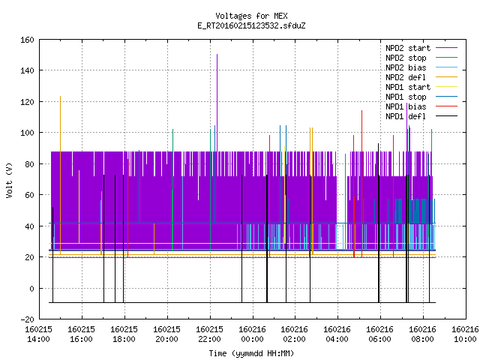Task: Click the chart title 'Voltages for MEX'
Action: [x=251, y=16]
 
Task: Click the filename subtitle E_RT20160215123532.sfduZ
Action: [x=251, y=25]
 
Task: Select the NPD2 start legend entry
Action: [x=421, y=48]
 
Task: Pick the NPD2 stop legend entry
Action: [x=421, y=58]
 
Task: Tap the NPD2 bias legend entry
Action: [x=421, y=67]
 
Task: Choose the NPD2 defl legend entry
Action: [x=421, y=77]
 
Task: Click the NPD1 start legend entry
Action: [x=421, y=87]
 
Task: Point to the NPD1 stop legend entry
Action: [x=421, y=97]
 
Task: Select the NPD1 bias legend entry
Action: [x=421, y=106]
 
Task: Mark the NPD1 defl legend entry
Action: [x=421, y=117]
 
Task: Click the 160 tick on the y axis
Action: [x=27, y=40]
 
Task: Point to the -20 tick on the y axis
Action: [x=27, y=319]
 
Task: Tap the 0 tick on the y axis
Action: [x=31, y=288]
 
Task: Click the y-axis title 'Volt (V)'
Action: [x=9, y=180]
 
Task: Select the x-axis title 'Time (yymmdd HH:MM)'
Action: [x=251, y=353]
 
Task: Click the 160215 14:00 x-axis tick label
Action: [x=38, y=334]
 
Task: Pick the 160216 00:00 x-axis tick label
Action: [x=252, y=334]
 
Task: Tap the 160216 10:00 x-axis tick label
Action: [x=465, y=334]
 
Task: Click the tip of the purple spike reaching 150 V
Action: [x=217, y=54]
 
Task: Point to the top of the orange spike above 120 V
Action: [x=60, y=97]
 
